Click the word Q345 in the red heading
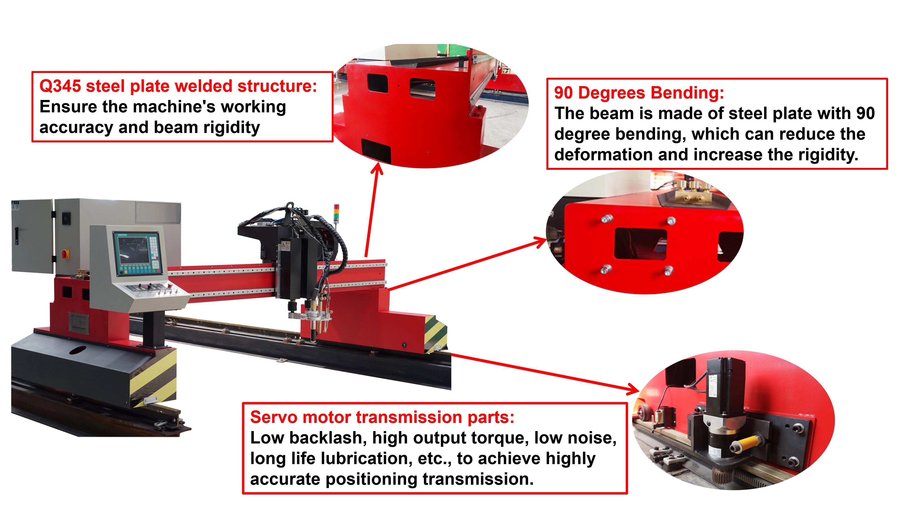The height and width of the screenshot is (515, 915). [x=60, y=86]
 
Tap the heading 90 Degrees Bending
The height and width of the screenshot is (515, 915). [x=639, y=93]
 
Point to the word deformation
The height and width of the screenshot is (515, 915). [x=603, y=155]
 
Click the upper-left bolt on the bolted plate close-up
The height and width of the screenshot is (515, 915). [x=607, y=218]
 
